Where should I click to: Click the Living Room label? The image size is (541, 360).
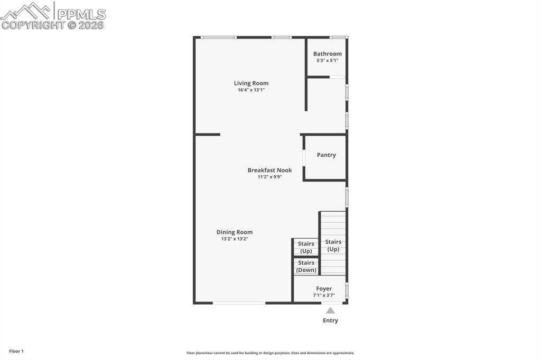pos(251,83)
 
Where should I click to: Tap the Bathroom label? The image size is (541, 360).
pos(327,54)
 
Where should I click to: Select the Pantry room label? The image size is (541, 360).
pos(326,155)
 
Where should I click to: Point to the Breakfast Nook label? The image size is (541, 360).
pos(269,170)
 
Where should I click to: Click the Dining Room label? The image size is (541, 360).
pos(234,232)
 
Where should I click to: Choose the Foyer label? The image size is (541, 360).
pos(324,289)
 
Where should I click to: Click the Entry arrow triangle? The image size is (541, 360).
pos(330,310)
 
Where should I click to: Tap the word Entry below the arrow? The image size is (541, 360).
pos(330,320)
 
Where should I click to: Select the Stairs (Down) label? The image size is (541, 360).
pos(306,267)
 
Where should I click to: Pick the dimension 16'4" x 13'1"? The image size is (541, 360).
pos(251,90)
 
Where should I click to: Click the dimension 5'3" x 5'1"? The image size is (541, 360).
pos(327,61)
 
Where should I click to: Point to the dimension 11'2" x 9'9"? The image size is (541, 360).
pos(269,177)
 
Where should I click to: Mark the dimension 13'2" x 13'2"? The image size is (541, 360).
pos(234,239)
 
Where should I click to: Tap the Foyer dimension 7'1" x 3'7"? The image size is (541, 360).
pos(324,296)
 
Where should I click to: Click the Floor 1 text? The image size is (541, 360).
pos(16,351)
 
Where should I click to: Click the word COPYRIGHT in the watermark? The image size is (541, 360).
pos(33,25)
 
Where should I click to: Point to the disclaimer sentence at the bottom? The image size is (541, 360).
pos(270,353)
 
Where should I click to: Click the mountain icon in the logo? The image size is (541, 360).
pos(26,11)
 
